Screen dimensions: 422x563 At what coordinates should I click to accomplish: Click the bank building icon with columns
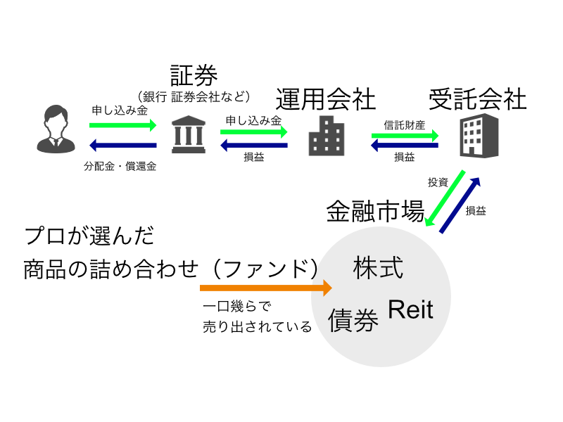pyautogui.click(x=188, y=134)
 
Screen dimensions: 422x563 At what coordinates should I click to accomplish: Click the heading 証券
pyautogui.click(x=194, y=75)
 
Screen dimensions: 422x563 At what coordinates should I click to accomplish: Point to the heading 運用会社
pyautogui.click(x=326, y=100)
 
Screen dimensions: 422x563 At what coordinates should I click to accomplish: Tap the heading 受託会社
pyautogui.click(x=477, y=99)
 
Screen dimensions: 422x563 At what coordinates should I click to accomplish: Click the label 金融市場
pyautogui.click(x=374, y=211)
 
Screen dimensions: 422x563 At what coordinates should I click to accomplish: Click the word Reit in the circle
pyautogui.click(x=412, y=309)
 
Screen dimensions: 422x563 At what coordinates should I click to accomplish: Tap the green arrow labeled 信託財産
pyautogui.click(x=405, y=135)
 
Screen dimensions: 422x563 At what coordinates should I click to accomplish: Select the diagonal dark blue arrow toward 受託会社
pyautogui.click(x=461, y=205)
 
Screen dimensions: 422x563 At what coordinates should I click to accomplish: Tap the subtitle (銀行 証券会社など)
pyautogui.click(x=194, y=96)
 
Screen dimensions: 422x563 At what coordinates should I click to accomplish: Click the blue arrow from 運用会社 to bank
pyautogui.click(x=254, y=146)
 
